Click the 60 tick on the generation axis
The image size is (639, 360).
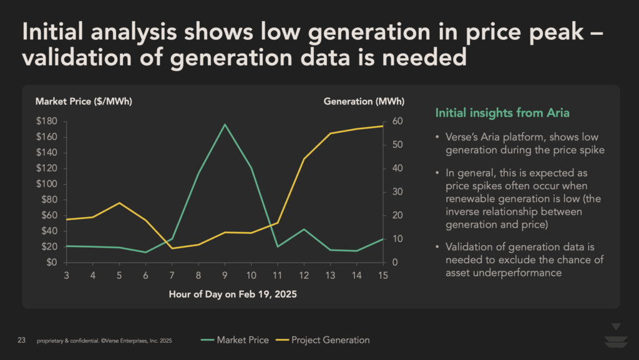click(396, 121)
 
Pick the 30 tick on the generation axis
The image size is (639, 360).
click(396, 192)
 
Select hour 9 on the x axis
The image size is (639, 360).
click(224, 275)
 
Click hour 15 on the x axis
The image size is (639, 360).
click(381, 275)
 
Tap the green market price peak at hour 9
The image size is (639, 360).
click(224, 124)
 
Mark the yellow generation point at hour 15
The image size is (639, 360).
click(381, 126)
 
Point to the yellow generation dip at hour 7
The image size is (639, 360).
click(172, 248)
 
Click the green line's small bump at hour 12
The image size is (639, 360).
click(303, 229)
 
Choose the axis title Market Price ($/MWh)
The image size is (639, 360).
click(84, 101)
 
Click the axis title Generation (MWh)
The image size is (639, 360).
click(364, 101)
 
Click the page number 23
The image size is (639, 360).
click(21, 341)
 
